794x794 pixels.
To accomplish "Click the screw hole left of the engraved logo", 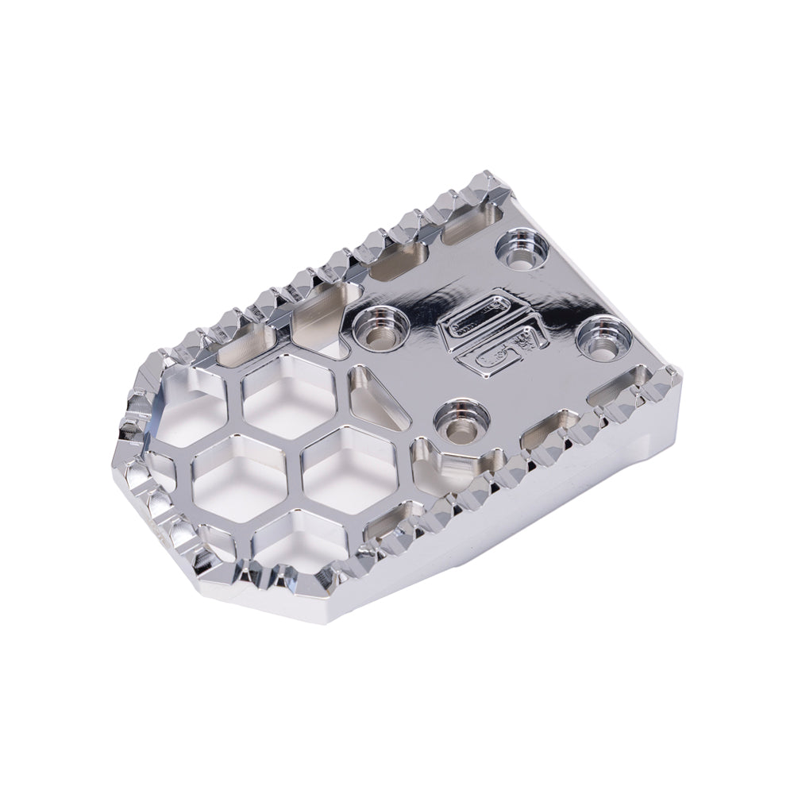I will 380,326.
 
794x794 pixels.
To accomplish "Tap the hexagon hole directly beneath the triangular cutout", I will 349,469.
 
